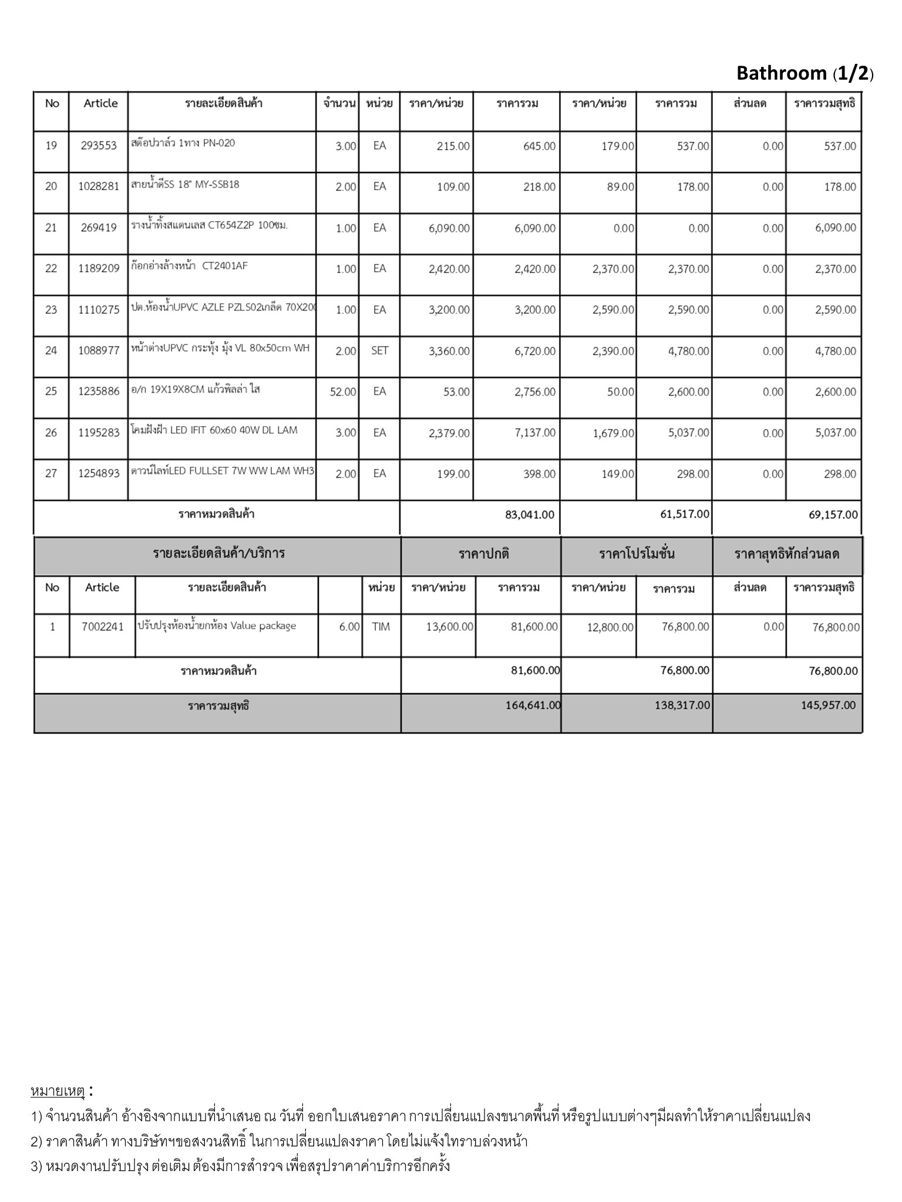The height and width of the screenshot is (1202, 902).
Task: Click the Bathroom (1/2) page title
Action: (x=805, y=73)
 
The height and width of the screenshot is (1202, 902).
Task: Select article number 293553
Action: (x=99, y=146)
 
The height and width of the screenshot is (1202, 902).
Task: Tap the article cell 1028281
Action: (x=99, y=187)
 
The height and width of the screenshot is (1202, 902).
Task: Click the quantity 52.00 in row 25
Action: (x=343, y=392)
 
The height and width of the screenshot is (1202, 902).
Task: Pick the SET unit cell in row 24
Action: (x=379, y=350)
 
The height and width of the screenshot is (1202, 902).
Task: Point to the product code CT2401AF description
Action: (x=190, y=266)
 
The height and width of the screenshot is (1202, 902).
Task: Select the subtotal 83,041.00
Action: (x=529, y=515)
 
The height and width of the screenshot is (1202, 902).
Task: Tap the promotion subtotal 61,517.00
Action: (x=685, y=514)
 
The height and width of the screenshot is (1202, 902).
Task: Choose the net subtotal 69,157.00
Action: (x=833, y=515)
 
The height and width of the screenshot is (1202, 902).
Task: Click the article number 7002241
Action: (x=103, y=627)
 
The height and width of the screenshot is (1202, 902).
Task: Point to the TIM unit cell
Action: (x=381, y=627)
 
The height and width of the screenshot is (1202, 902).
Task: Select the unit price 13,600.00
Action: (x=449, y=627)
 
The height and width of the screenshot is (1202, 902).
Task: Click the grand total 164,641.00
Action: (x=533, y=705)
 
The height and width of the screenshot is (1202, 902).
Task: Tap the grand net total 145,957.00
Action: (x=828, y=705)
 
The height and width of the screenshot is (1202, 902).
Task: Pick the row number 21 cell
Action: (x=51, y=228)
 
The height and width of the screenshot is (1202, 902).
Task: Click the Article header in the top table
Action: (x=100, y=103)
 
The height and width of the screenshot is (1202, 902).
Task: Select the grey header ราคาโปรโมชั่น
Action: (x=637, y=553)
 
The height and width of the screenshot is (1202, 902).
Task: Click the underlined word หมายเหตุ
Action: (x=58, y=1092)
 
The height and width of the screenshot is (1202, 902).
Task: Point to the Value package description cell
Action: (x=217, y=626)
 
